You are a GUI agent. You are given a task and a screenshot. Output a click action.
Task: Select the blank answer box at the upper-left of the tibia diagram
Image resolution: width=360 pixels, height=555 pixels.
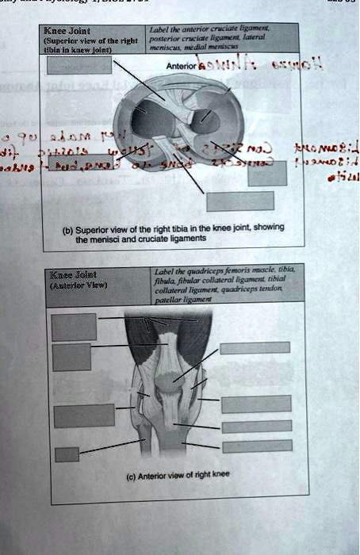pyautogui.click(x=74, y=64)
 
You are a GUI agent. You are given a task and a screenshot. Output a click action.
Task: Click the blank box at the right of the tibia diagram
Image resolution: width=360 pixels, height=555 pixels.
pyautogui.click(x=266, y=174)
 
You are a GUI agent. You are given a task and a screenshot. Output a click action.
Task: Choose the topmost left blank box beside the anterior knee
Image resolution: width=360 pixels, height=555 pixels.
pyautogui.click(x=74, y=327)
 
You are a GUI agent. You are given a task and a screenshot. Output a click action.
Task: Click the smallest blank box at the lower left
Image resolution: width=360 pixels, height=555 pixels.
pyautogui.click(x=67, y=454)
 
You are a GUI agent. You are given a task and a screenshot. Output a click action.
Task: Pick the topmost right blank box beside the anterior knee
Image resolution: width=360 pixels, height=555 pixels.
pyautogui.click(x=255, y=347)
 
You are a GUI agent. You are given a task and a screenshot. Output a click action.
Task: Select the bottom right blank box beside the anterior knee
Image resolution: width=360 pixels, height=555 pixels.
pyautogui.click(x=257, y=446)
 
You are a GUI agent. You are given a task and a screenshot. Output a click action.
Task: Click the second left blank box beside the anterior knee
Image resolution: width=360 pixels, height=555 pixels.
pyautogui.click(x=73, y=355)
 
